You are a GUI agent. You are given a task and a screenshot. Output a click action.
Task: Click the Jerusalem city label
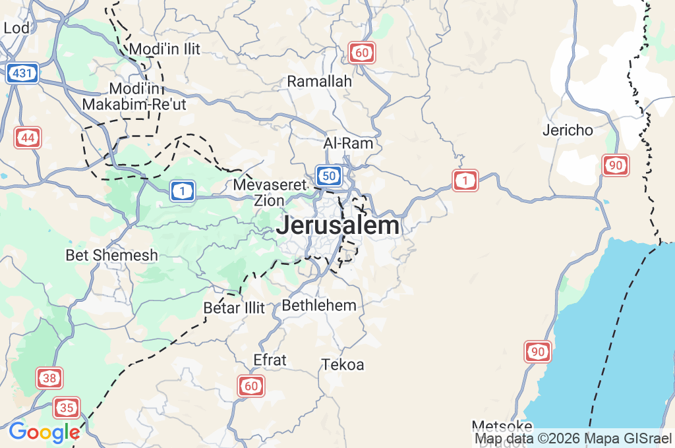tap(337, 225)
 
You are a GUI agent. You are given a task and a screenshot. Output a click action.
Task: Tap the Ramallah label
tap(319, 81)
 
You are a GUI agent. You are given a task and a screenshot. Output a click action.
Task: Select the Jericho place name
tap(568, 130)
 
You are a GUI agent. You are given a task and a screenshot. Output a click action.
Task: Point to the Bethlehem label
tap(319, 305)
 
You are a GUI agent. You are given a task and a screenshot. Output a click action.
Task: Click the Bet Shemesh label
tap(112, 254)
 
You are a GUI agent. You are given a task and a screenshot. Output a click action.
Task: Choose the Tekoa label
tap(343, 364)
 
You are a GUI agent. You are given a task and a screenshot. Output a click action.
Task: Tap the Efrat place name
tap(270, 360)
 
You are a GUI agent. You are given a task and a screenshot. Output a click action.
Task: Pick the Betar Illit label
tap(234, 308)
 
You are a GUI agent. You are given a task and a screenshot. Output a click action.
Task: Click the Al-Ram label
tap(348, 143)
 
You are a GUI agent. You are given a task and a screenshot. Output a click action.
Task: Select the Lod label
tap(16, 28)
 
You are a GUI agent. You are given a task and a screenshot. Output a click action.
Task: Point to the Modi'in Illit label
tap(165, 49)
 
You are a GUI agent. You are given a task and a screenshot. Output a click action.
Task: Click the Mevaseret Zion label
tap(270, 192)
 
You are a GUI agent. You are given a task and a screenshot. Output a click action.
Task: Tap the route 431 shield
tap(22, 73)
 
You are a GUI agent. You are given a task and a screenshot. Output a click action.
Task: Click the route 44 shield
tap(28, 138)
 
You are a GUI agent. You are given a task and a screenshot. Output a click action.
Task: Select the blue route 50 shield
tap(328, 175)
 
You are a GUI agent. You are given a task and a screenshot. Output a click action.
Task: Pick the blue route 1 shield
tap(183, 191)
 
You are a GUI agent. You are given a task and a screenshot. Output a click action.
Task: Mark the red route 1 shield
tap(465, 180)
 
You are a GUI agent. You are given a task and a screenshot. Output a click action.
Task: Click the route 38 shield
tap(49, 378)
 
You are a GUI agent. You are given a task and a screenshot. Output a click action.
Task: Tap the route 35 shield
tap(67, 408)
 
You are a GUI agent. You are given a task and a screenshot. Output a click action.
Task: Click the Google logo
tap(44, 433)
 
